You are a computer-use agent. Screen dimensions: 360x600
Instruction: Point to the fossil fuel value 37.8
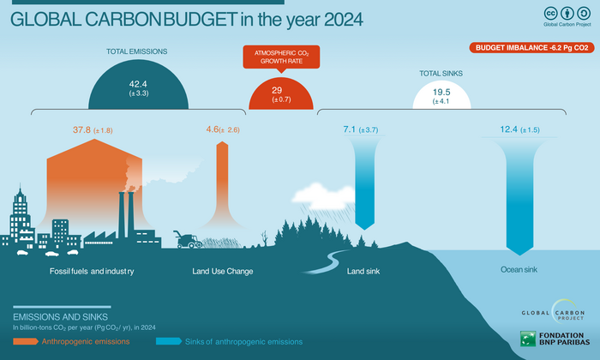point(82,130)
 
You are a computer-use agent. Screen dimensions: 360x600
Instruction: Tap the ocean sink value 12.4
point(512,130)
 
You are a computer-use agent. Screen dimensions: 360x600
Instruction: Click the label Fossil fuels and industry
point(93,272)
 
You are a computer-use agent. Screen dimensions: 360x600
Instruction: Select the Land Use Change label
point(222,272)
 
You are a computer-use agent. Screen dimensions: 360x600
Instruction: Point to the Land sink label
point(363,272)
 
